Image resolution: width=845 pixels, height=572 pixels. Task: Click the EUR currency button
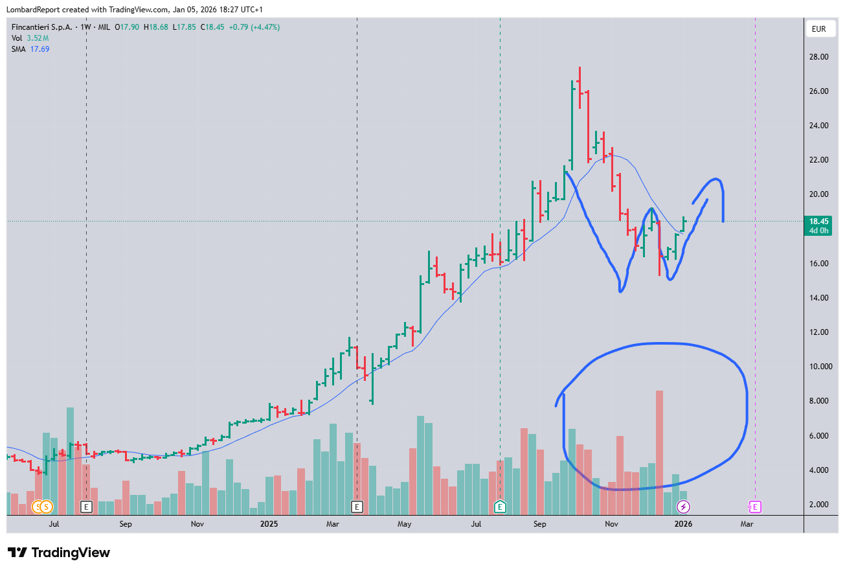819,29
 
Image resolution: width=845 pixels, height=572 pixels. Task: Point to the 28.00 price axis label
819,57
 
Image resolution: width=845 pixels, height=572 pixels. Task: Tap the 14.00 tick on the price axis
819,298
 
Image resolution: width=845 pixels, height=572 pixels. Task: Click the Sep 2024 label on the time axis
126,523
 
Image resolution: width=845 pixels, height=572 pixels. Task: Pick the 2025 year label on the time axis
269,523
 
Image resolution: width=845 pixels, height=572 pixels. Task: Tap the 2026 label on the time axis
683,523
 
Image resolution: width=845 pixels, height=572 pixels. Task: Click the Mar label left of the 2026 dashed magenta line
747,523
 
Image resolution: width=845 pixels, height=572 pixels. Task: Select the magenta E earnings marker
755,507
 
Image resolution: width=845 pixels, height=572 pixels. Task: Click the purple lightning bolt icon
683,507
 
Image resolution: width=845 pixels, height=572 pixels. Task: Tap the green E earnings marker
500,507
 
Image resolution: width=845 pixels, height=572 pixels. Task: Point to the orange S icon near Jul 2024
47,507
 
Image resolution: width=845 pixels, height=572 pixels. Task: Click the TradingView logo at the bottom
58,553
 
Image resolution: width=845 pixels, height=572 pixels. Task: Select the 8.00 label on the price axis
819,401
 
